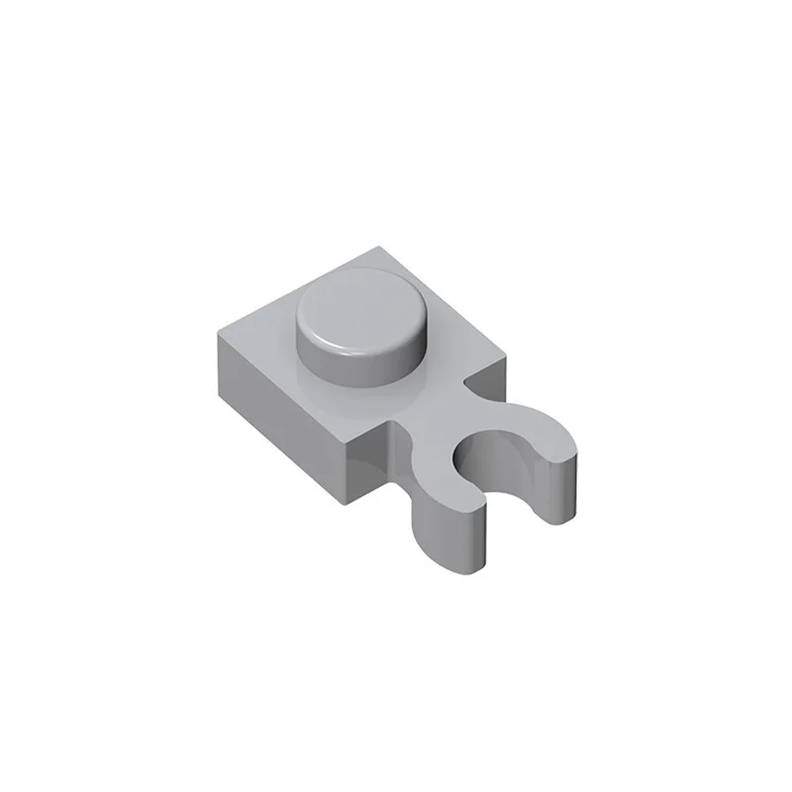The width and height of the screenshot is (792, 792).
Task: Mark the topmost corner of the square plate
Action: [382, 247]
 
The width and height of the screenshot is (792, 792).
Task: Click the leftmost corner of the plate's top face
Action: [215, 331]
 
